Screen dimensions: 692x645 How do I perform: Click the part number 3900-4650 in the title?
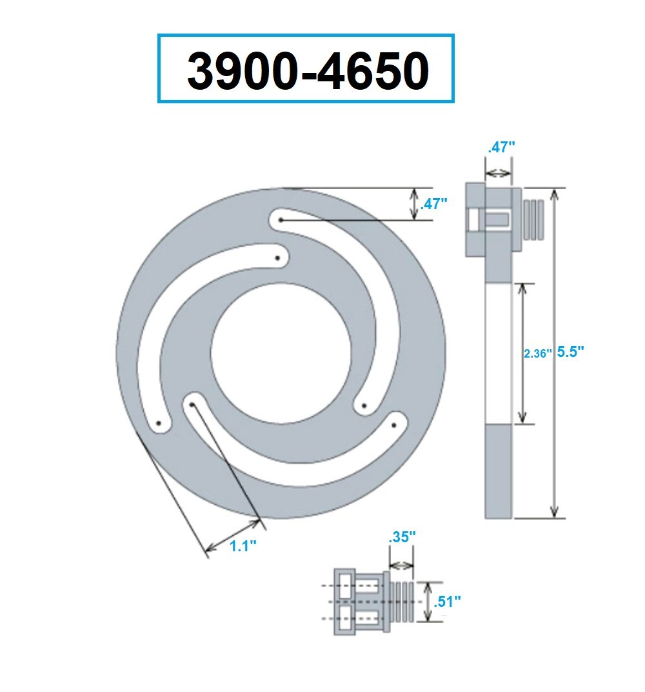point(307,70)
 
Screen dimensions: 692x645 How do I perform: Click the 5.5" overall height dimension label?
point(570,352)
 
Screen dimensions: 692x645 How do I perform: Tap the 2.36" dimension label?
point(537,353)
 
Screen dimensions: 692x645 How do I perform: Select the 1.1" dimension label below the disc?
point(243,545)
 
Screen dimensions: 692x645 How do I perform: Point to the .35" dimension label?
point(401,536)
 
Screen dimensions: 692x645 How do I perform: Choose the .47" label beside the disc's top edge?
point(434,204)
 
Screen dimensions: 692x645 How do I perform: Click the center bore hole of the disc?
point(281,355)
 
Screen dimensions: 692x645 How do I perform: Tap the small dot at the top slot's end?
point(281,220)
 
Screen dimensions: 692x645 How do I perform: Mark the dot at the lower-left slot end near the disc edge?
point(158,423)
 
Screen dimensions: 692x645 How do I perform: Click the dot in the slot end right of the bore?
point(363,405)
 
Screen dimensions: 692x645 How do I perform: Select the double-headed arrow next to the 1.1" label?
point(232,534)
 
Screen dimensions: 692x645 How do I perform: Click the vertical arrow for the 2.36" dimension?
point(523,353)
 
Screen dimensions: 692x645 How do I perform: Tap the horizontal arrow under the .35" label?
point(401,564)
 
